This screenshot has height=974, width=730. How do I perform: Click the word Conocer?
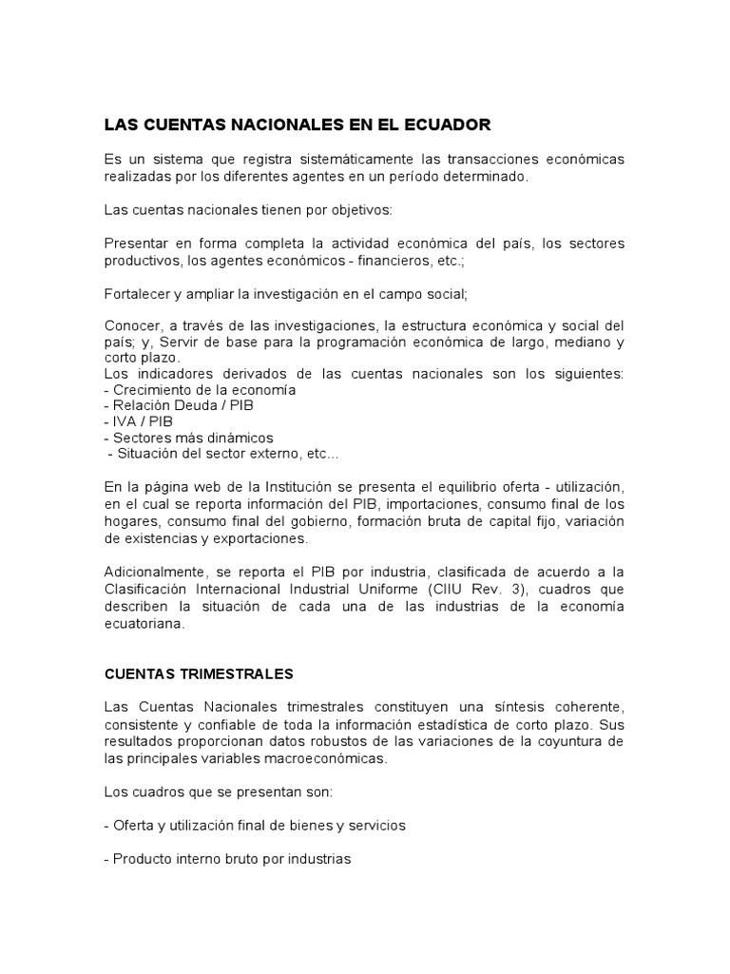(x=134, y=325)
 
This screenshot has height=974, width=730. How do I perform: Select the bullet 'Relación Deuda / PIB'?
(x=179, y=406)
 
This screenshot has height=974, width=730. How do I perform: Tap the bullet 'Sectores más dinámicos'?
(x=188, y=438)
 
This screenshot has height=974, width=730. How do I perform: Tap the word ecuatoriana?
(x=145, y=625)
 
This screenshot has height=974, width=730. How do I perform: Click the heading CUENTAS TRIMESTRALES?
(x=199, y=673)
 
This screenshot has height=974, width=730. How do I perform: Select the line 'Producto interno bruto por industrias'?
(x=227, y=859)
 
